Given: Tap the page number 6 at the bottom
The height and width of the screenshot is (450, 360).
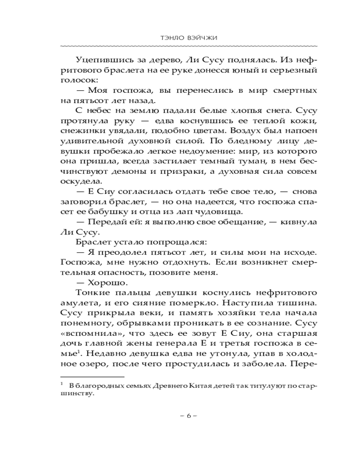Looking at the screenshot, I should pyautogui.click(x=189, y=416).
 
